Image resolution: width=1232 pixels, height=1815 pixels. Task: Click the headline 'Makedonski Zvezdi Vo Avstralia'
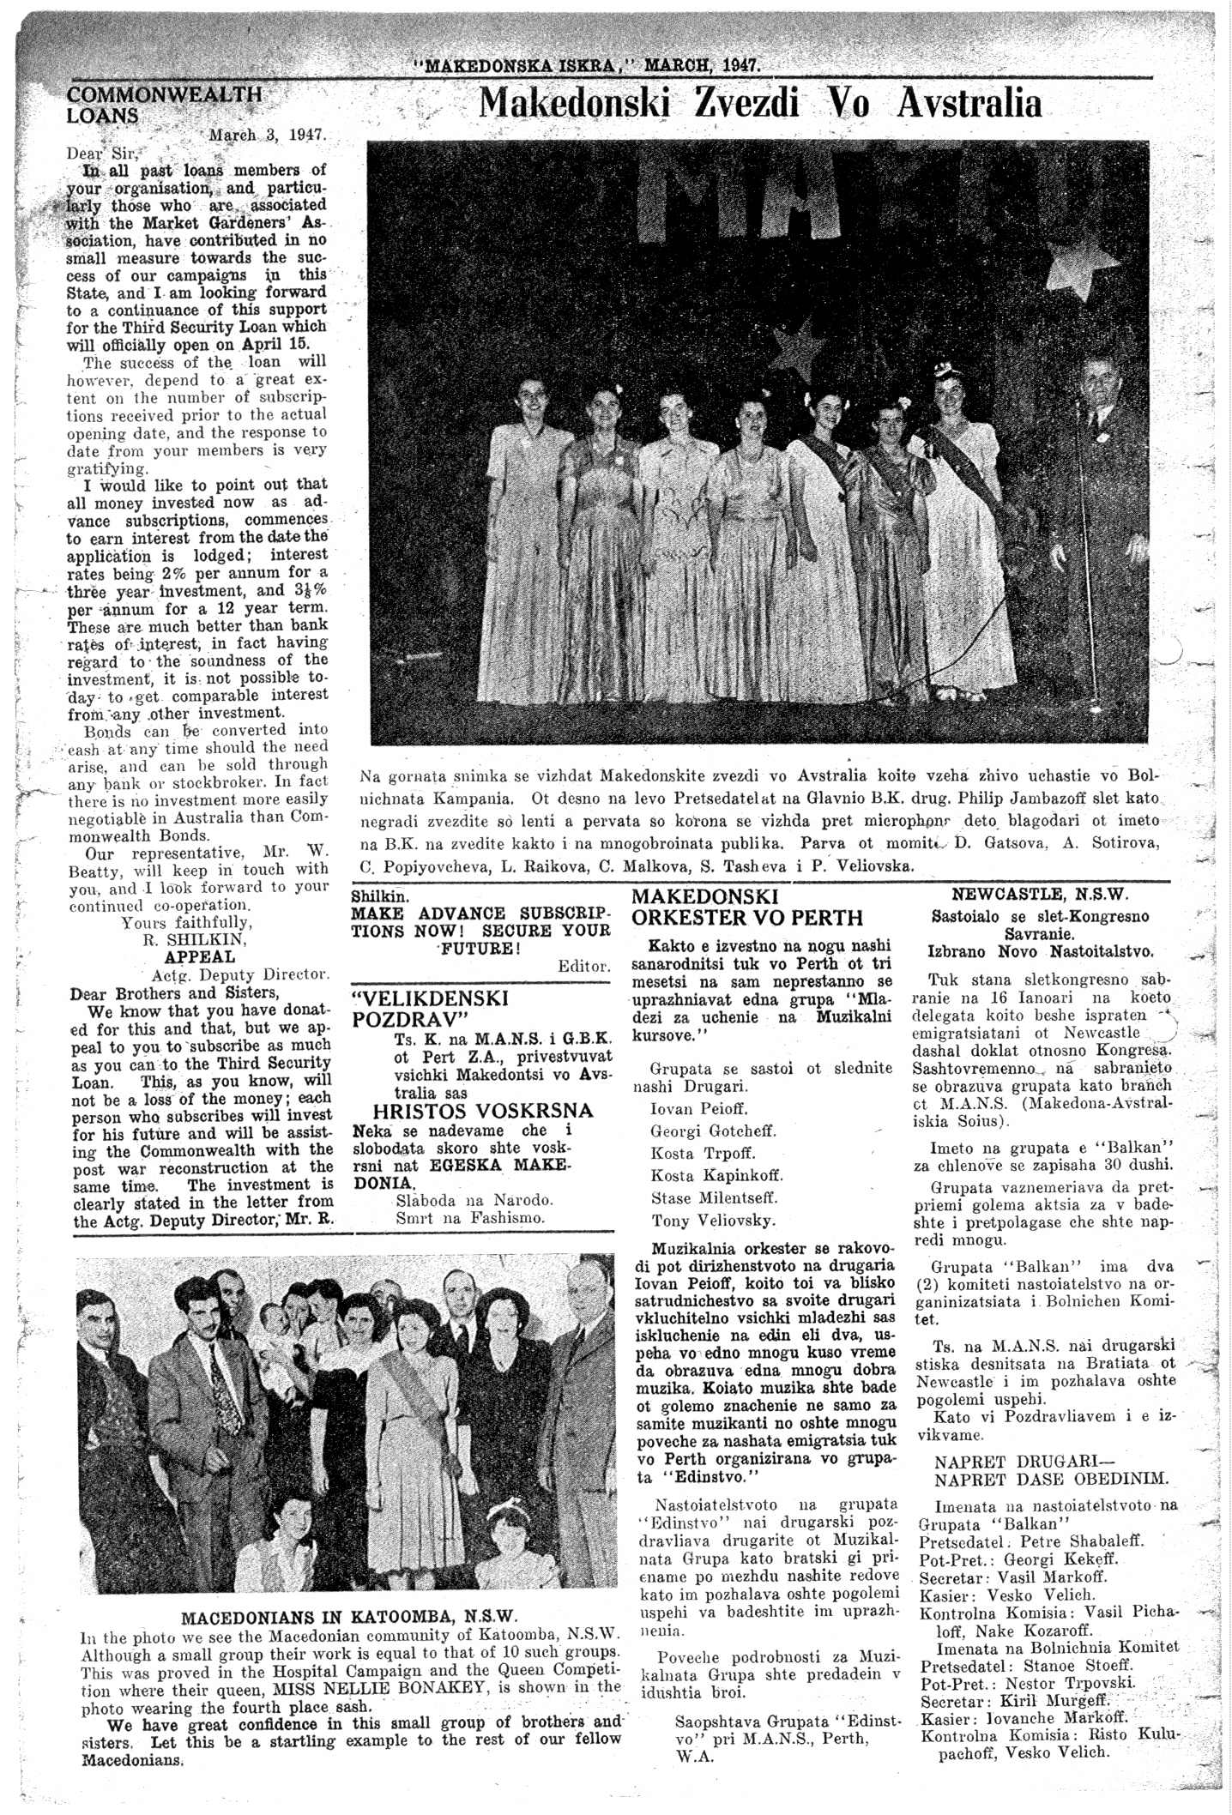point(759,105)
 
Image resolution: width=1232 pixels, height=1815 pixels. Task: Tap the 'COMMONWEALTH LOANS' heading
point(163,105)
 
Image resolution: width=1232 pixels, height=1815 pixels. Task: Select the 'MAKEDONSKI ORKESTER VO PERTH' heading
point(746,907)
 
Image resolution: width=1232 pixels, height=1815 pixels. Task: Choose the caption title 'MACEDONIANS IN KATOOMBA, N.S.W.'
point(349,1619)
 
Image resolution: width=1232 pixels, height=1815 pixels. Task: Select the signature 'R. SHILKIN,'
point(194,939)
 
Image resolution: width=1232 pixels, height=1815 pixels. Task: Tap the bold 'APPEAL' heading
point(199,956)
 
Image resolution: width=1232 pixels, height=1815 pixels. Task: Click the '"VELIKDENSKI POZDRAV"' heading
point(431,1010)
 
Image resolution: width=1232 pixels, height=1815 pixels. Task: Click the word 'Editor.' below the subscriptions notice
point(583,966)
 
